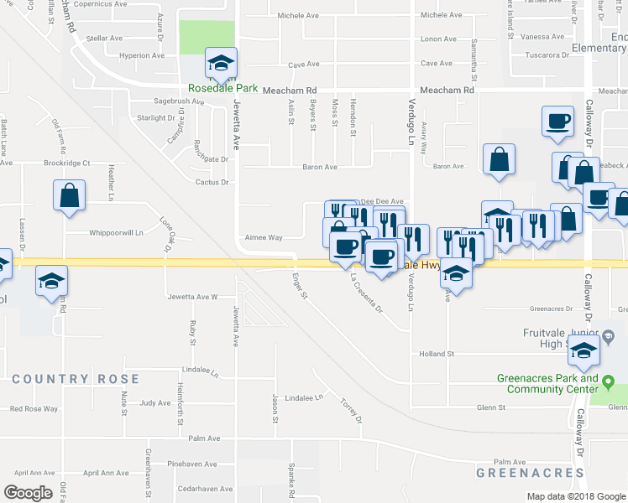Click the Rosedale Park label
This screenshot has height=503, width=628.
click(222, 88)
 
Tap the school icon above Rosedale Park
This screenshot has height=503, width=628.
click(222, 63)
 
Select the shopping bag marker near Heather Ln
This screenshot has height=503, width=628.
click(70, 196)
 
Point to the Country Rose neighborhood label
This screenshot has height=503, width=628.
click(63, 379)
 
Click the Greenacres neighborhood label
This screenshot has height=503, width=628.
click(530, 473)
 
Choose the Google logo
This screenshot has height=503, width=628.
click(29, 493)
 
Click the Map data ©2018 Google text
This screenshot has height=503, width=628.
click(575, 496)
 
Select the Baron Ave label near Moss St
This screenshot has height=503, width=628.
click(320, 167)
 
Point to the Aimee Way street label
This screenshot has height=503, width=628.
click(263, 237)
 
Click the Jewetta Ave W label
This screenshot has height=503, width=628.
click(192, 297)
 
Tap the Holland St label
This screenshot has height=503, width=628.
click(437, 354)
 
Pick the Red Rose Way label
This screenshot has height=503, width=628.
click(34, 409)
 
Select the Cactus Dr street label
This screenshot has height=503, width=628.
click(212, 182)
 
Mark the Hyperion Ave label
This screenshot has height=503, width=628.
click(141, 55)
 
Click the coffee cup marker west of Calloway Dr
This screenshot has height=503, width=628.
click(557, 122)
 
